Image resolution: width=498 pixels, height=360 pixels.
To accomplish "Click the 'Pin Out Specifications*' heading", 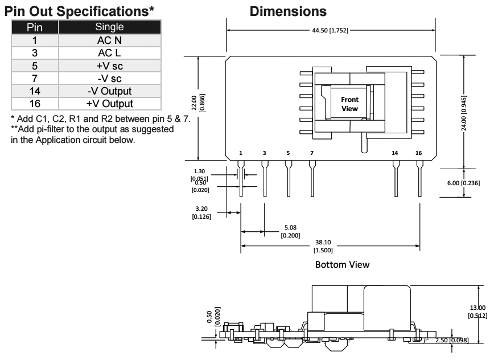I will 80,11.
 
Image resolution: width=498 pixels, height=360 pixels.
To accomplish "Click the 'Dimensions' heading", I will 287,11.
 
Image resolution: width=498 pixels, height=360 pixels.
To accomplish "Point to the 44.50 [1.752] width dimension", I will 331,30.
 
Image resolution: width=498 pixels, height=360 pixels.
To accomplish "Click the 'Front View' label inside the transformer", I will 349,104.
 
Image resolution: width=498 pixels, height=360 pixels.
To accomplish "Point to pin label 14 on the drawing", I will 395,153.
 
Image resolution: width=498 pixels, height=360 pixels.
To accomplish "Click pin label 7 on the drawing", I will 311,153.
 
